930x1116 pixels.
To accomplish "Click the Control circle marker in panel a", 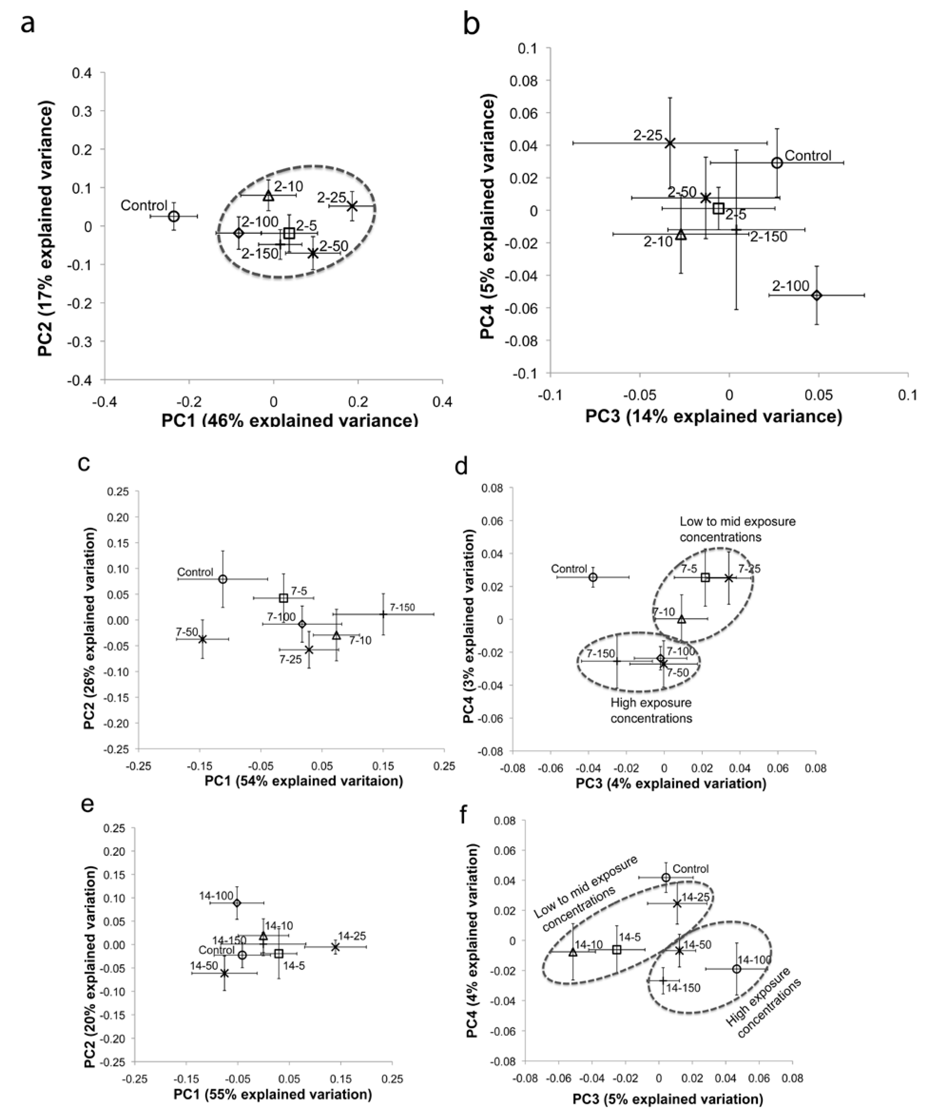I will [174, 216].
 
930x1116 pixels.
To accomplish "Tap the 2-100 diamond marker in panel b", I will [816, 295].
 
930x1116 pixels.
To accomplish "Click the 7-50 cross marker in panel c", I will [202, 639].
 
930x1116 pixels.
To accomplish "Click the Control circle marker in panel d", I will [593, 577].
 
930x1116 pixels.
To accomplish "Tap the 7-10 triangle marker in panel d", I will [681, 619].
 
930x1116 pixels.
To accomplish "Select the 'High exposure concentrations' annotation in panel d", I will [651, 710].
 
